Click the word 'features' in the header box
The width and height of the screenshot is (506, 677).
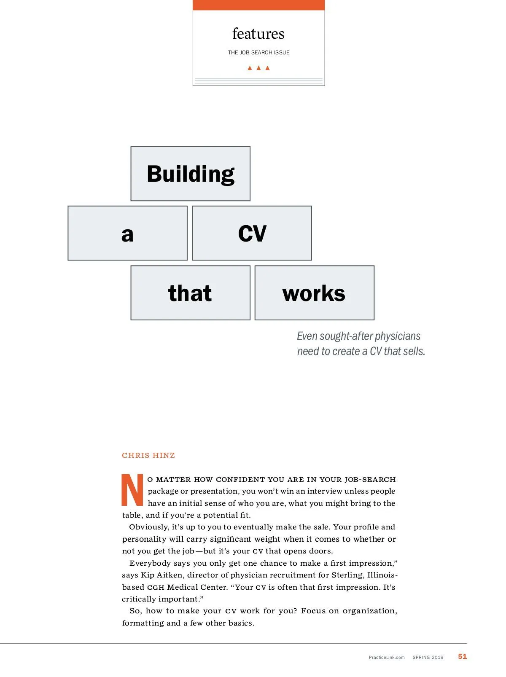258,34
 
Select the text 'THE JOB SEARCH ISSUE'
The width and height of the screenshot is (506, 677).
258,53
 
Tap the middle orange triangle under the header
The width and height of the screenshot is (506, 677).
258,68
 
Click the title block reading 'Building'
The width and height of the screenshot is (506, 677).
190,174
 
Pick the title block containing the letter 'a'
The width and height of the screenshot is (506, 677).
127,233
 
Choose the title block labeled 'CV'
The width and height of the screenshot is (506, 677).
252,233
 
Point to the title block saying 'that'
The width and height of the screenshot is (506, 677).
190,293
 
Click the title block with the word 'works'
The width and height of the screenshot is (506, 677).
314,293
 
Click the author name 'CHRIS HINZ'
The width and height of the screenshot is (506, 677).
148,455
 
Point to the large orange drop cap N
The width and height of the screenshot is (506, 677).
132,490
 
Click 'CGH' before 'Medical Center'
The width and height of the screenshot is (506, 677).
155,587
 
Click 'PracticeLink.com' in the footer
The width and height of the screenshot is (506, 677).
387,657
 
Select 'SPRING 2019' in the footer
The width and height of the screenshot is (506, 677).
428,657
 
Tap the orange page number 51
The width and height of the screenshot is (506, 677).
463,656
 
